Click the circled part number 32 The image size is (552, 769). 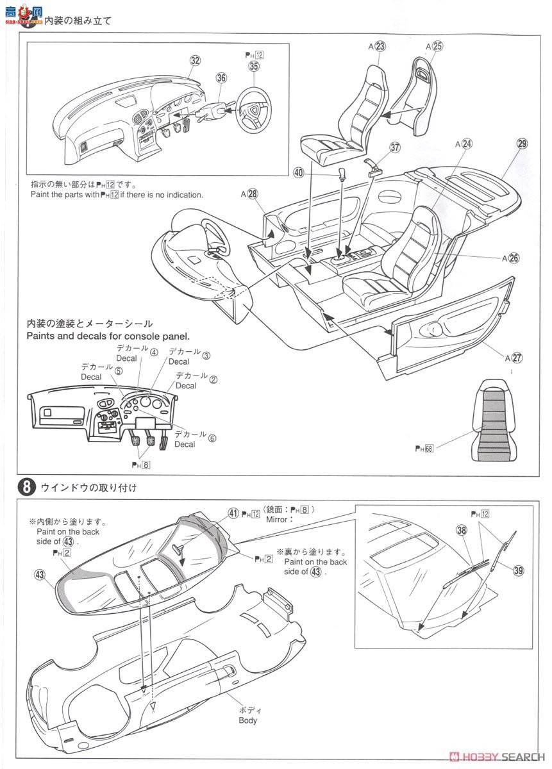[195, 60]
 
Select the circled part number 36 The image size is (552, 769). [221, 78]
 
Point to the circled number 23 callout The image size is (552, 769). [380, 46]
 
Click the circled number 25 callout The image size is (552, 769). [437, 46]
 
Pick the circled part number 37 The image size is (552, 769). [395, 147]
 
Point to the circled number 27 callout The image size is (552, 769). [517, 358]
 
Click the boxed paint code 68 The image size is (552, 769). [428, 448]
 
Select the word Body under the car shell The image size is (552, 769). [247, 720]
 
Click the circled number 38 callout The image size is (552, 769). [462, 530]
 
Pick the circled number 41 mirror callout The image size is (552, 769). [233, 513]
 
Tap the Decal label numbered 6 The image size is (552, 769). [212, 439]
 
